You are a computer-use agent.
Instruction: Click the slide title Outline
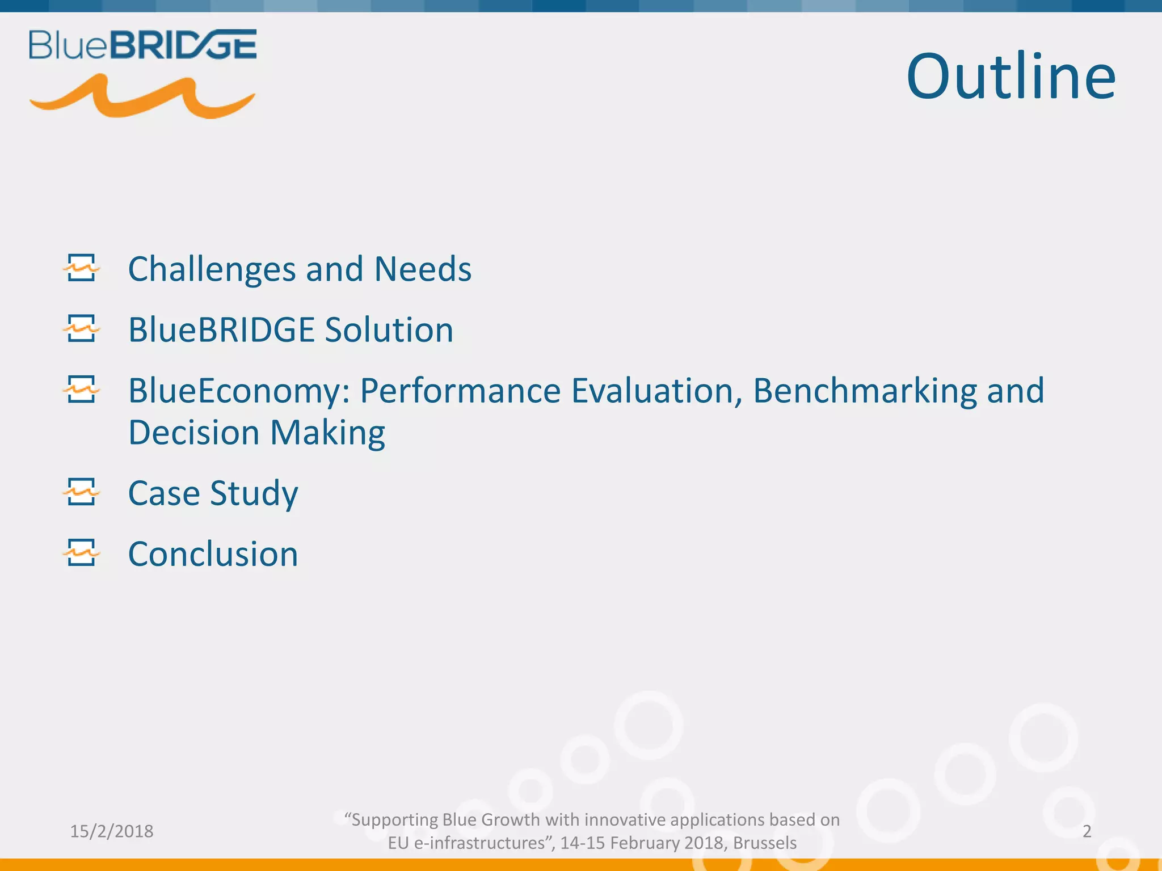point(1011,77)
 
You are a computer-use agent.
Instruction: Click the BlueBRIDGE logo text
point(142,45)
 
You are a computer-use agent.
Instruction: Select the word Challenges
point(212,269)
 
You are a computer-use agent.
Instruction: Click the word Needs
point(423,269)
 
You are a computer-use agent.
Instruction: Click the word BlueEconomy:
point(239,391)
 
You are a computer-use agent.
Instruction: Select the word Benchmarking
point(864,391)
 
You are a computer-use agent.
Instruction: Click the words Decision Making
point(256,433)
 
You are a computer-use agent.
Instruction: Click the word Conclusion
point(213,554)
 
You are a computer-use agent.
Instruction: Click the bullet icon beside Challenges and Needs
point(81,268)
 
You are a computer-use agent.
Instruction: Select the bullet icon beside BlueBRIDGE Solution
point(81,328)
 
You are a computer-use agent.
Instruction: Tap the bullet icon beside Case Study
point(81,491)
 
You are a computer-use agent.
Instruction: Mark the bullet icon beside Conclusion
point(81,552)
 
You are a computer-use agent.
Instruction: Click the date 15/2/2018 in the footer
point(112,831)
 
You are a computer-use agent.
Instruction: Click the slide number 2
point(1087,831)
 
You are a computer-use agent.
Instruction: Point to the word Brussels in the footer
point(764,843)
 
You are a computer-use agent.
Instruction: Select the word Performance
point(460,391)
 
